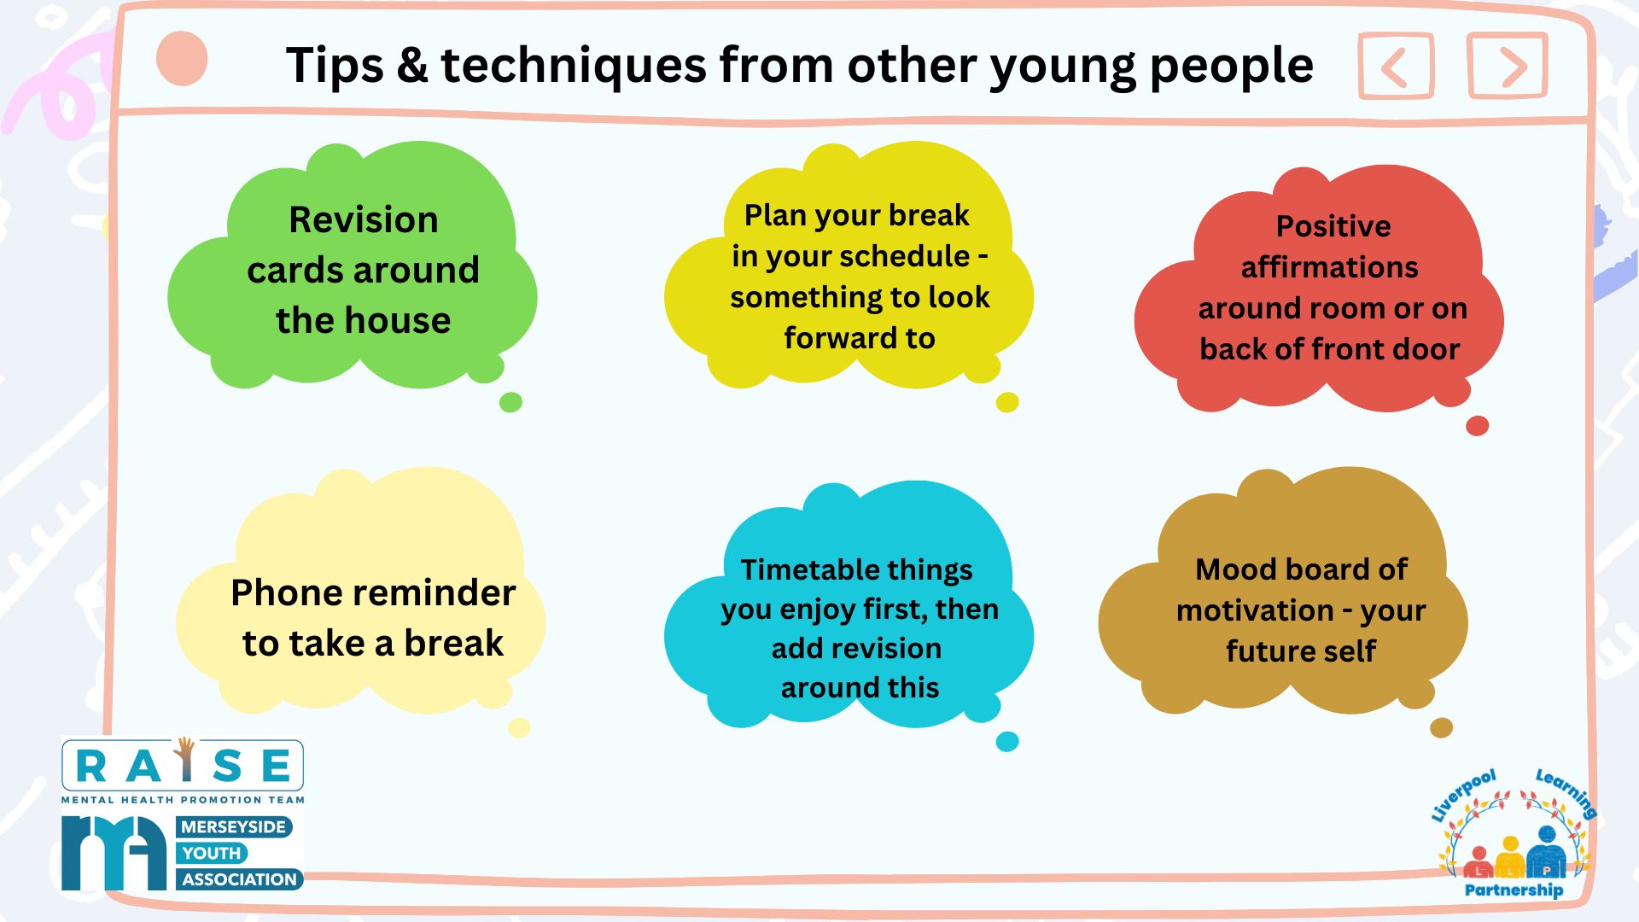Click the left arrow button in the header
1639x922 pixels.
[1396, 67]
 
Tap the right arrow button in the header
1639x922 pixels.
[1508, 66]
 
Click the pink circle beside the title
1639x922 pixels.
[182, 59]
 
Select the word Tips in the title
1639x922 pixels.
[335, 66]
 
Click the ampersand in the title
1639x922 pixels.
[411, 66]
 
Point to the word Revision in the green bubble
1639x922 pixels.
[364, 219]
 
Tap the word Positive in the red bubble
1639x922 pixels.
[1333, 226]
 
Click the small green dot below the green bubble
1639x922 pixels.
[510, 402]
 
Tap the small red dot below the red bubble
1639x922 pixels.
[1477, 425]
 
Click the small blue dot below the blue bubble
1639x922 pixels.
[1007, 741]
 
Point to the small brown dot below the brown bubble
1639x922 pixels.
[1441, 727]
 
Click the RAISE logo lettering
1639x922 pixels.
[183, 765]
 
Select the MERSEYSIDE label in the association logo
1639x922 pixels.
[233, 826]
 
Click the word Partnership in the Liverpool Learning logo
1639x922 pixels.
[1514, 890]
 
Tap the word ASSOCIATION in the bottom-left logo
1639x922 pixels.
[239, 879]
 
